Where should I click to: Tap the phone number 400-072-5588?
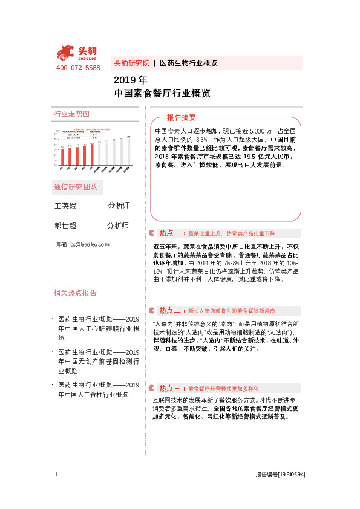[x=77, y=68]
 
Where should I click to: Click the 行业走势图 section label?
[x=71, y=114]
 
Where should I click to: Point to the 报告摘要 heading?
[x=182, y=117]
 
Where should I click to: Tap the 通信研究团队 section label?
[x=75, y=186]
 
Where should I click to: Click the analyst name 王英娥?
[x=66, y=206]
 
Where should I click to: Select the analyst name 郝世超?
[x=66, y=225]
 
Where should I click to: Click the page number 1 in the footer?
[x=56, y=475]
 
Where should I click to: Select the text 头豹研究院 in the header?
[x=131, y=63]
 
